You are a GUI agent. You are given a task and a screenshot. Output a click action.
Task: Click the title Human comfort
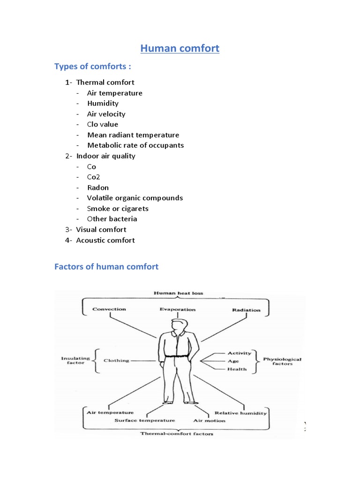[180, 48]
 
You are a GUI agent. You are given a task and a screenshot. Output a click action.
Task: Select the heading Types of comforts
[92, 66]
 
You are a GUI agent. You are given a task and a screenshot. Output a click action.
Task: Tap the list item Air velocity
[106, 114]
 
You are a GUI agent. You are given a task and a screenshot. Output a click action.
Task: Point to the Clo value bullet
[102, 124]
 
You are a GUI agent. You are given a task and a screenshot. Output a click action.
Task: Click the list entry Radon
[97, 187]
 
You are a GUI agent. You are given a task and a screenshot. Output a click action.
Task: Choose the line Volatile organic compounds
[135, 198]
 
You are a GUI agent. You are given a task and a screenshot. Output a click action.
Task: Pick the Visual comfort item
[101, 229]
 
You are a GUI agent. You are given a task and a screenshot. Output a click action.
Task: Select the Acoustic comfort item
[105, 240]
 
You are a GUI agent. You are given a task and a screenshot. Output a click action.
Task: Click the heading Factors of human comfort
[106, 267]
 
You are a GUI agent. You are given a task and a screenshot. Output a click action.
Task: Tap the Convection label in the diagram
[109, 309]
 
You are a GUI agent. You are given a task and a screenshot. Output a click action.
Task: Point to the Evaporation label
[177, 309]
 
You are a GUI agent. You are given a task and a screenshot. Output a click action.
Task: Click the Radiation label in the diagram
[246, 310]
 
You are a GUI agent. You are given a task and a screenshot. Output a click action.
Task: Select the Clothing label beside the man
[116, 360]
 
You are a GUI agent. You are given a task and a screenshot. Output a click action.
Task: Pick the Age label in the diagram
[233, 361]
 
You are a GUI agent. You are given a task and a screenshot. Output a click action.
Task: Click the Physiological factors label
[282, 361]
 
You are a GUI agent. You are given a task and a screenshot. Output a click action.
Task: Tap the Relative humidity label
[240, 413]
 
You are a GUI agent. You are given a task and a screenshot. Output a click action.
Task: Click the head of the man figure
[178, 325]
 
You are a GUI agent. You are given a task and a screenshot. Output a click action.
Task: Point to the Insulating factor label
[75, 360]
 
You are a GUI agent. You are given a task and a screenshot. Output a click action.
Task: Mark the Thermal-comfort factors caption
[177, 434]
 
